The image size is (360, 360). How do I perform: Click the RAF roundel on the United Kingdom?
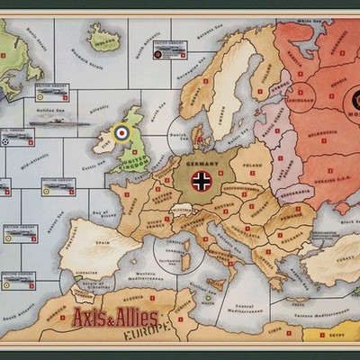121,134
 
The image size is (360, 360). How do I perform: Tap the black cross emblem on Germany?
202,181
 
